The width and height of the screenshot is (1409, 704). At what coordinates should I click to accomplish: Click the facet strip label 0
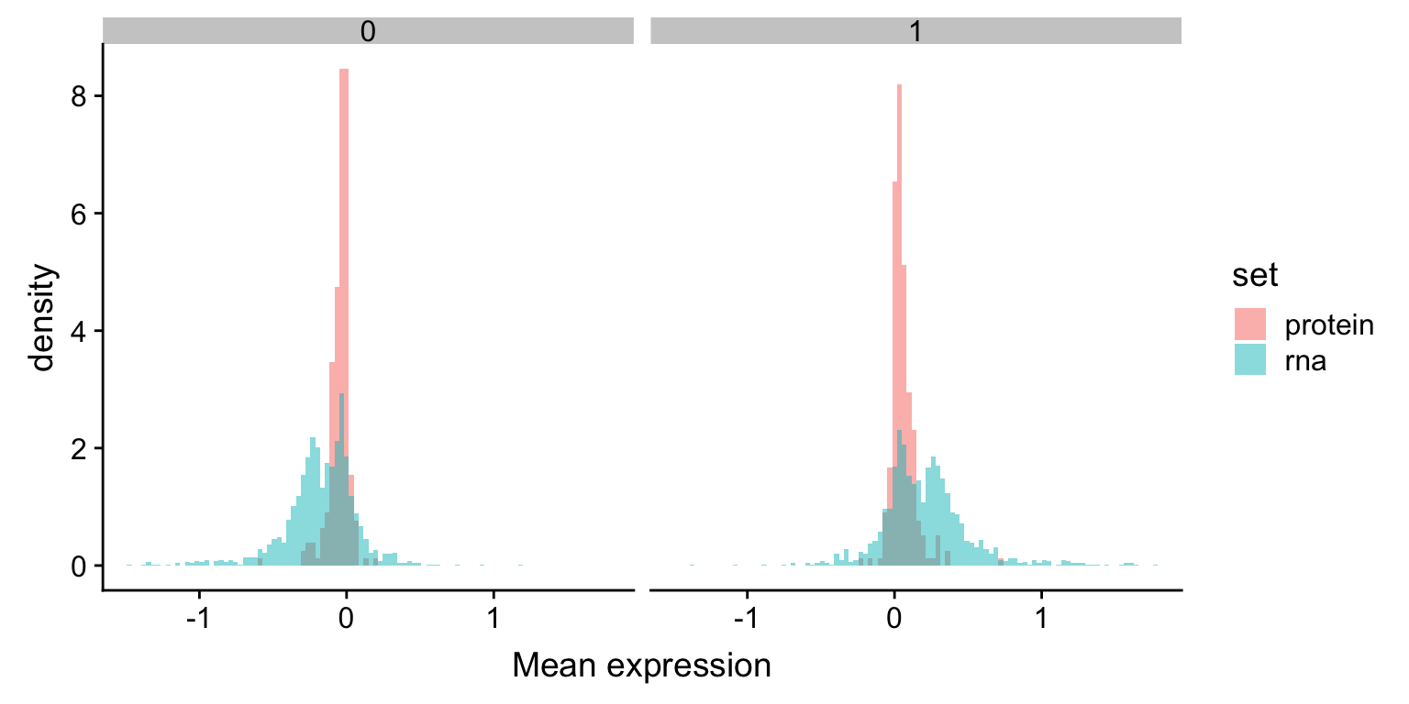click(368, 31)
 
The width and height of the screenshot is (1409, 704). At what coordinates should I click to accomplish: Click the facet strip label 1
click(915, 31)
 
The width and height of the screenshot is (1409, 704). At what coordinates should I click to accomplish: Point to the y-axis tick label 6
click(80, 214)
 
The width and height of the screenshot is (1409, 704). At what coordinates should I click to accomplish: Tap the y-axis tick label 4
click(80, 331)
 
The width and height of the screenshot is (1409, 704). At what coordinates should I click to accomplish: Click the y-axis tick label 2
click(80, 448)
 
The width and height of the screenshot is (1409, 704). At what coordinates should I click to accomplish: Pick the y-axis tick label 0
click(80, 566)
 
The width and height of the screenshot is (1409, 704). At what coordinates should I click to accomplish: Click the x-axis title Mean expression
click(641, 665)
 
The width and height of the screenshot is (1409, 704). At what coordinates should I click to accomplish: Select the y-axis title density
click(44, 318)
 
